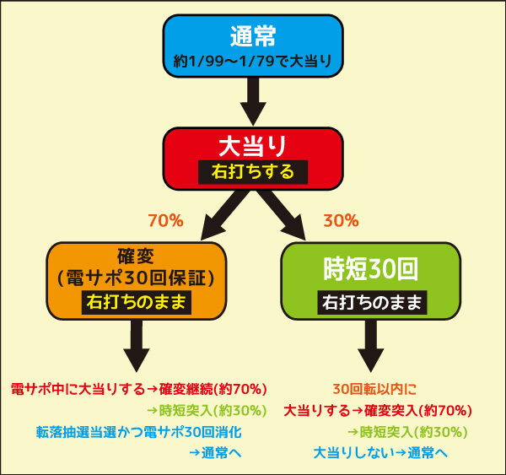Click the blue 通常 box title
pos(253,35)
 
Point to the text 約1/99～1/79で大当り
pos(253,61)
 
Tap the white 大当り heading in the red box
pos(253,146)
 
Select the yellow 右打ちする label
pos(253,172)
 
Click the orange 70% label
pos(165,221)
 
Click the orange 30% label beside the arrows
pos(341,221)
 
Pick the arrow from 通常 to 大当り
pos(253,101)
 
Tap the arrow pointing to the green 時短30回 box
pos(282,216)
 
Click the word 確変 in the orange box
pos(136,256)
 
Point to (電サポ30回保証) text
pos(136,278)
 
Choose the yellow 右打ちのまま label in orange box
pos(136,303)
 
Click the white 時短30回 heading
pos(371,269)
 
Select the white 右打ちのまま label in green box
pos(372,303)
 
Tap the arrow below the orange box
pos(137,346)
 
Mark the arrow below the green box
pos(371,346)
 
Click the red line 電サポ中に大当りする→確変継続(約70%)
pos(139,389)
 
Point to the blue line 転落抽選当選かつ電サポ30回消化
pos(139,432)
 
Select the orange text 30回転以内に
pos(374,389)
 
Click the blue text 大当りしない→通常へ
pos(380,453)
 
